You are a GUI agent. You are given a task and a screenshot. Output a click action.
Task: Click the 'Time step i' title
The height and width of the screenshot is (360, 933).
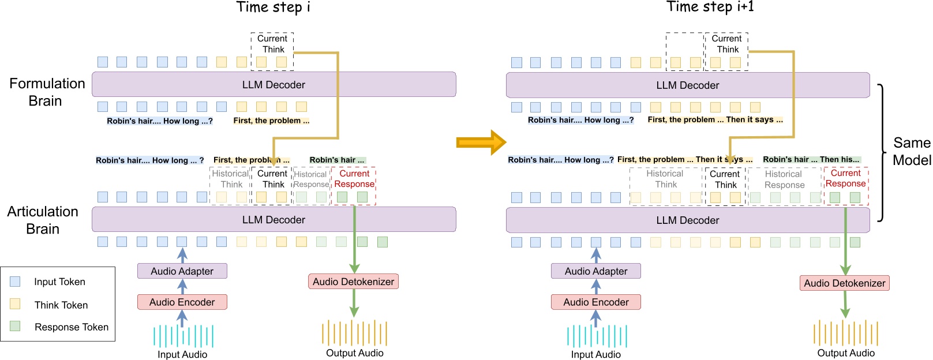click(x=273, y=7)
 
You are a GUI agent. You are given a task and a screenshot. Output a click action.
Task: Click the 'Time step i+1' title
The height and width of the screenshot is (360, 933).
click(x=710, y=7)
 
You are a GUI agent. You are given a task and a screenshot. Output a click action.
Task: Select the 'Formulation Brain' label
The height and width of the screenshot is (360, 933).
click(x=46, y=92)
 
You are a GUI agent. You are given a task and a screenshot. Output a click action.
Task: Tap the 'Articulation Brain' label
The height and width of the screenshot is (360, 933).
click(x=43, y=220)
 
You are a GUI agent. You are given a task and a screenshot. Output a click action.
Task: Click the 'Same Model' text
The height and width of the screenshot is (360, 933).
click(x=911, y=151)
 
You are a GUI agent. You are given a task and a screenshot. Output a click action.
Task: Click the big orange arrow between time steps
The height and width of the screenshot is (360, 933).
click(x=480, y=142)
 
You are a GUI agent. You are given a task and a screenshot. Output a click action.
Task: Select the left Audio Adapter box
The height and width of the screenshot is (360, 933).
click(x=182, y=271)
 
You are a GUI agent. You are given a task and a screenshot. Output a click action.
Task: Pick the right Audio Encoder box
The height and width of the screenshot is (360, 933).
click(x=595, y=302)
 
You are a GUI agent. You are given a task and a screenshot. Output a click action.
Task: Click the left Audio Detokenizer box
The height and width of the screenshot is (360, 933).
click(x=353, y=282)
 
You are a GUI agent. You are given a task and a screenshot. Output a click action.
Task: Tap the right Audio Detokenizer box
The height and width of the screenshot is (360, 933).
click(x=844, y=283)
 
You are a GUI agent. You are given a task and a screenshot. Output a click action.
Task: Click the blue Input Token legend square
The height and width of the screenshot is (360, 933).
click(x=15, y=282)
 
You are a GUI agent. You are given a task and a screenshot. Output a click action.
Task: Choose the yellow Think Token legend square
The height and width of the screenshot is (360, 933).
click(x=15, y=304)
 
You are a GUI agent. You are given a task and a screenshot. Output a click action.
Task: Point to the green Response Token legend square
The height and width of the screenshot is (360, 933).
click(x=15, y=327)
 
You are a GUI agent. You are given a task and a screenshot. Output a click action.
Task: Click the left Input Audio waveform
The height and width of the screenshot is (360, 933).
click(x=182, y=336)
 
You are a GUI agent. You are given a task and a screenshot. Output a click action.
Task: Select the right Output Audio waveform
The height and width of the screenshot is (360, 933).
click(x=845, y=333)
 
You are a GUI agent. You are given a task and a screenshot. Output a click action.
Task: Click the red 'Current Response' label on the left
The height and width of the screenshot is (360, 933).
click(x=354, y=179)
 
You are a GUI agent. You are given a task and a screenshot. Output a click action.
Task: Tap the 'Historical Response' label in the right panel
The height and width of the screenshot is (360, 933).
click(x=784, y=179)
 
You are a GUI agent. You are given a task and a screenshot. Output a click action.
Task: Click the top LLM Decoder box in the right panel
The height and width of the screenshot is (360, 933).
click(x=687, y=85)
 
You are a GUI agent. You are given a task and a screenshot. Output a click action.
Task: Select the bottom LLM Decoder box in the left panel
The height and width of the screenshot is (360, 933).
click(x=273, y=220)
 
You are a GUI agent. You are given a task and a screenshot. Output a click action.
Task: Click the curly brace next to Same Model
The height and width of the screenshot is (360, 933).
click(x=881, y=153)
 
